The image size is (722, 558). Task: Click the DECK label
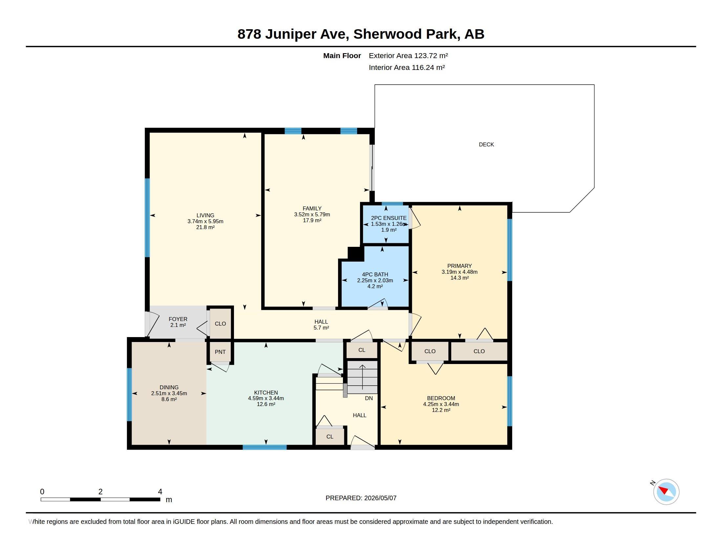(x=486, y=144)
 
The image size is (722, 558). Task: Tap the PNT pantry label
(x=220, y=352)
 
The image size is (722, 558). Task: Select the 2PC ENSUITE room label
(x=389, y=218)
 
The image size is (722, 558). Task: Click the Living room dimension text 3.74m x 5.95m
(x=205, y=221)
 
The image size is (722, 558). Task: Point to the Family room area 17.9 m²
(x=312, y=220)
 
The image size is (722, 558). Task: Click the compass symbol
(x=666, y=492)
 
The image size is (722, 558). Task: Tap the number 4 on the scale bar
(x=160, y=492)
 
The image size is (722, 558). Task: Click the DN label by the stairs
(x=369, y=398)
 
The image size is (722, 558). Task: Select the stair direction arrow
(x=362, y=377)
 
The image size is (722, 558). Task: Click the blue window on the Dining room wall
(x=129, y=395)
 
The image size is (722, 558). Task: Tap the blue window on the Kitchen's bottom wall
(x=265, y=447)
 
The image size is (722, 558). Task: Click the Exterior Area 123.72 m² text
(x=408, y=55)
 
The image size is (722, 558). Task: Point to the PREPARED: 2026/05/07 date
(x=361, y=498)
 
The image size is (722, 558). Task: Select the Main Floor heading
(x=342, y=55)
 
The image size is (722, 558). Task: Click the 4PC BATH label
(x=375, y=274)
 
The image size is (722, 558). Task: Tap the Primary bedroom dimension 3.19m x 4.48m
(x=459, y=272)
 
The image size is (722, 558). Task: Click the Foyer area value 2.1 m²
(x=178, y=325)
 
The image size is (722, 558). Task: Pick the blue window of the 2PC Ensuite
(x=393, y=204)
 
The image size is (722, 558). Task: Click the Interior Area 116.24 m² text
(x=407, y=67)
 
